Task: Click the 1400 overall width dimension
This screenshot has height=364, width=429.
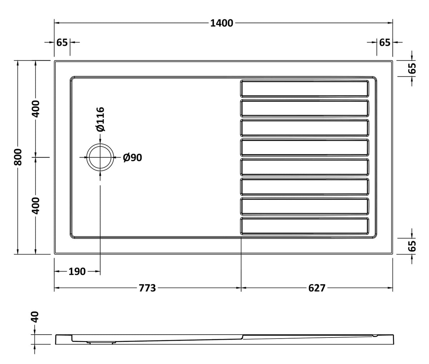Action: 222,23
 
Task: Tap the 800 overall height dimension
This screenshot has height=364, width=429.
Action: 18,157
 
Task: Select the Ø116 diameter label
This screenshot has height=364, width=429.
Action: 100,119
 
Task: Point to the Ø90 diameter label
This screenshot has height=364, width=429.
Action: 132,157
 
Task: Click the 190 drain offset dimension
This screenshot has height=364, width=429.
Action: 77,272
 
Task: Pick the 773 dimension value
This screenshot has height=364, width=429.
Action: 147,288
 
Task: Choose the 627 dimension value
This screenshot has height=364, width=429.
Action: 317,288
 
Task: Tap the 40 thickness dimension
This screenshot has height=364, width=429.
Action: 35,317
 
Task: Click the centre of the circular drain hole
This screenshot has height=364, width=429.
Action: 100,157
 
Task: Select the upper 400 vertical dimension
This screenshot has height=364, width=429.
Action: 36,109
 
